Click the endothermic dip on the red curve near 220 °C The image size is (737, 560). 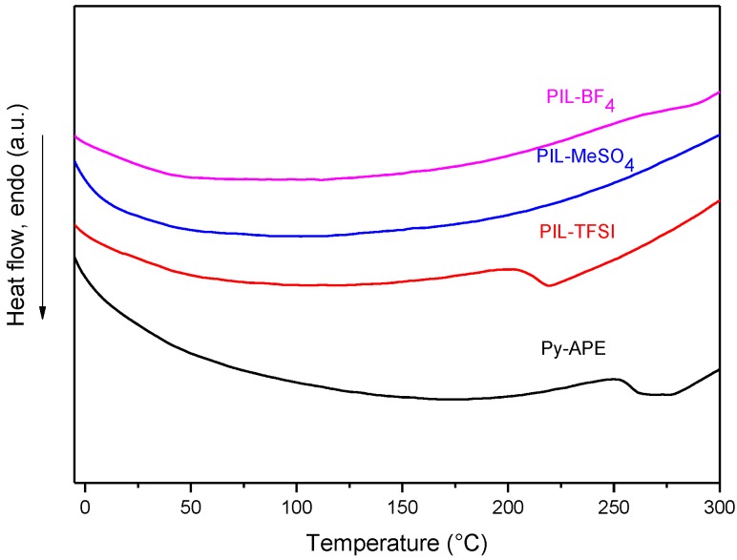548,285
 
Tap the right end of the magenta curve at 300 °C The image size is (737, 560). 719,92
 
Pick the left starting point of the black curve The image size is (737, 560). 75,258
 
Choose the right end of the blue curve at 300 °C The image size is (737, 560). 719,135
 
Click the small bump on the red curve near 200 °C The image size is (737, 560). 506,269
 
